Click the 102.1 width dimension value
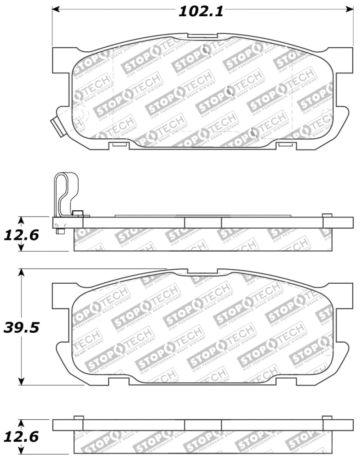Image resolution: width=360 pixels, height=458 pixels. (x=201, y=11)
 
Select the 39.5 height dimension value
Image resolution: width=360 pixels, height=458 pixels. (x=21, y=327)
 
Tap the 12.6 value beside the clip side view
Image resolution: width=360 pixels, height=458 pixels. (x=21, y=235)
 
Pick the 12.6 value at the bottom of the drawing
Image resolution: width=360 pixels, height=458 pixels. (x=21, y=436)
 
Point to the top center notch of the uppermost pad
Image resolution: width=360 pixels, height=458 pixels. (x=202, y=36)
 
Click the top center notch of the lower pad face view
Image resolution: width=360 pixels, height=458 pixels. (x=202, y=272)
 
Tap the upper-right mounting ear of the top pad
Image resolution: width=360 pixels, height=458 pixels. (x=343, y=59)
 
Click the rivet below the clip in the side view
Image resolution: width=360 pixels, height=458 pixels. (x=60, y=231)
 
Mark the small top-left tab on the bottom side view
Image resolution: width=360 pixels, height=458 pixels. (x=78, y=417)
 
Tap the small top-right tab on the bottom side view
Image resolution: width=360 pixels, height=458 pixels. (x=327, y=417)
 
